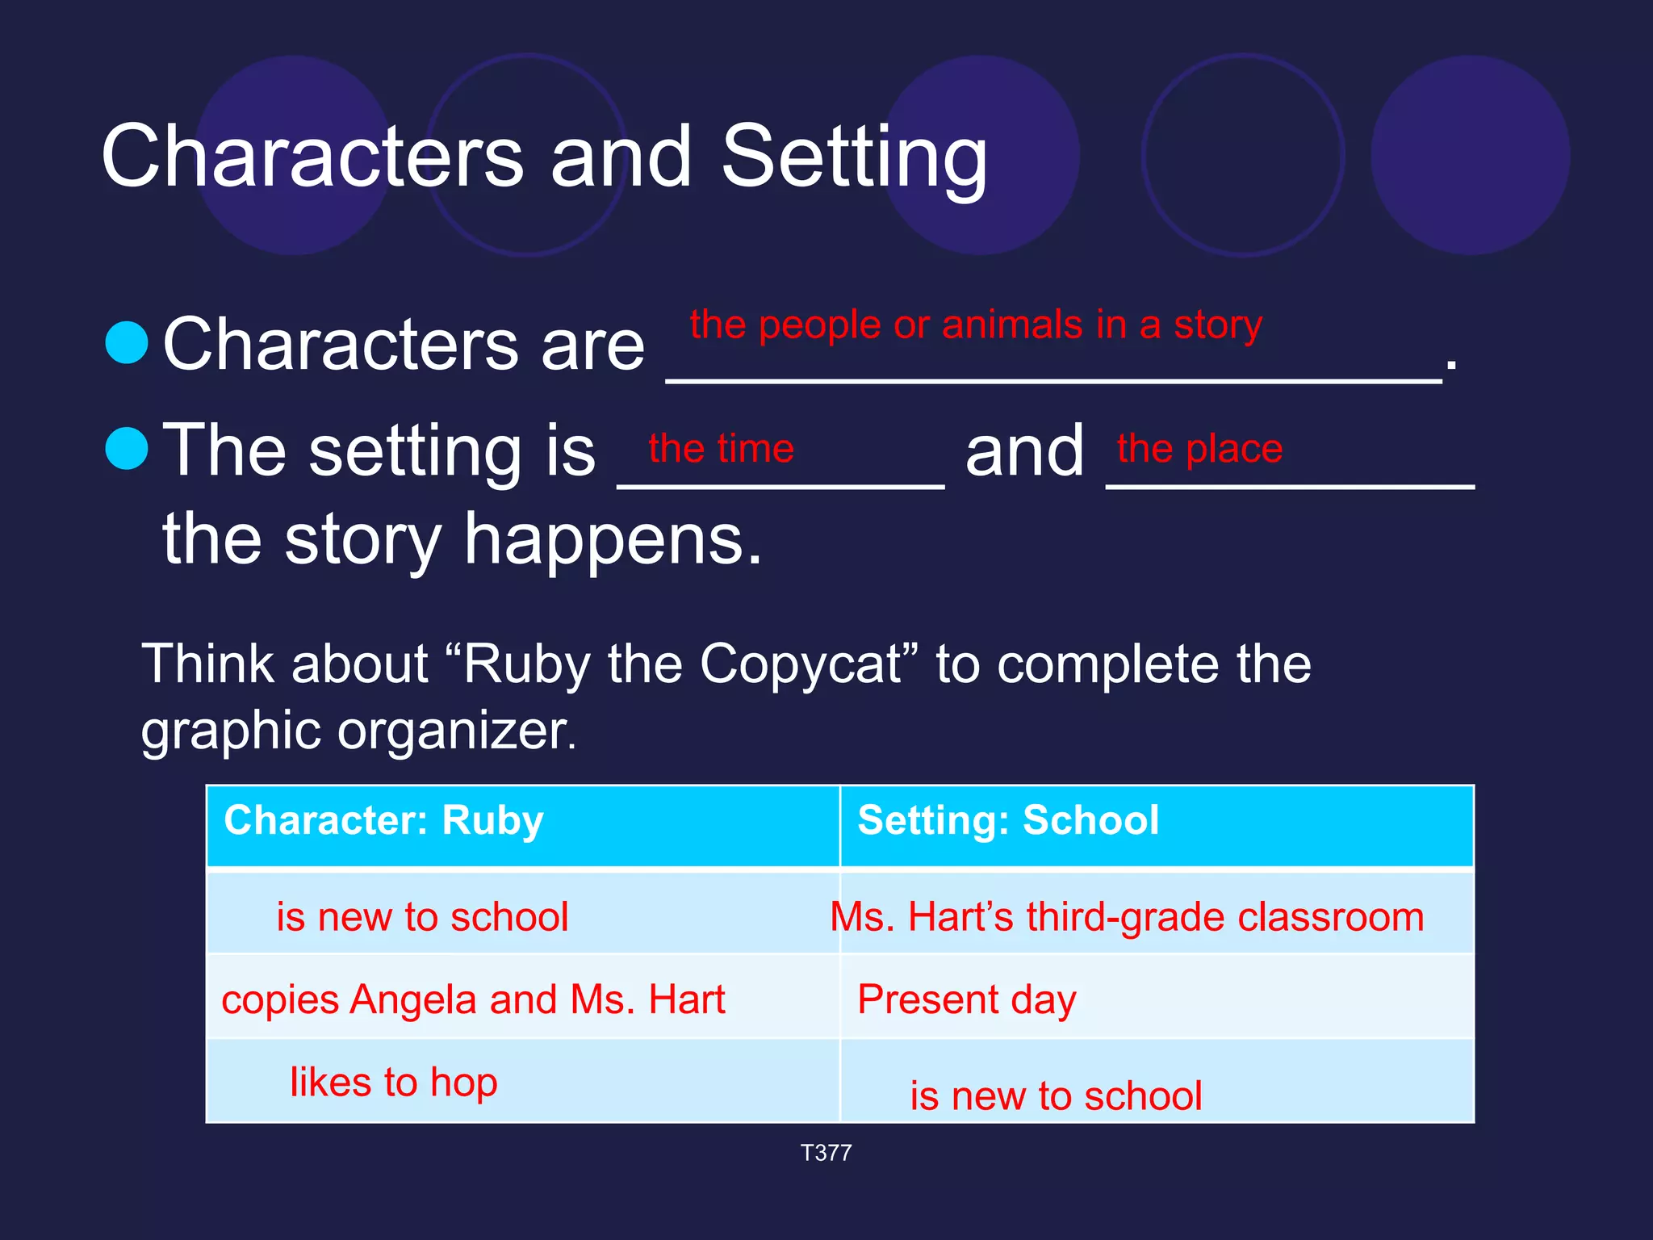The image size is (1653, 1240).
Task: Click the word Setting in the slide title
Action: click(854, 157)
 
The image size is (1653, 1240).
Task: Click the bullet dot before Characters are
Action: click(128, 342)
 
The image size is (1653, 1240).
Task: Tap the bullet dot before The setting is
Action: click(128, 448)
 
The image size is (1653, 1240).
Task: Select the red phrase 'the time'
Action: click(721, 448)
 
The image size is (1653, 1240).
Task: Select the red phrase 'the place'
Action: click(1199, 448)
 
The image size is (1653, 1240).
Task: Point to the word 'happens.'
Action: click(613, 540)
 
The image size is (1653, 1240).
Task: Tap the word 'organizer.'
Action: click(457, 731)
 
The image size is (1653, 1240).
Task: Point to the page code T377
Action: click(826, 1153)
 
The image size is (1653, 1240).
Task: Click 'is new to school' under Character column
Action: click(422, 917)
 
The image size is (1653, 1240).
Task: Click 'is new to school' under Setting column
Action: click(1056, 1096)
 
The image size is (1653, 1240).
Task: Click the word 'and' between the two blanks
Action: click(1024, 452)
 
